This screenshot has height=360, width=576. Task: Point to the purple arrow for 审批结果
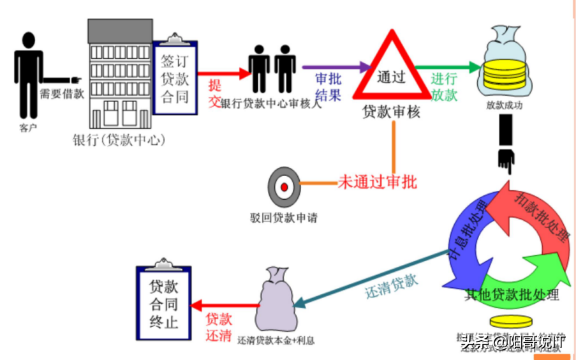[x=335, y=66]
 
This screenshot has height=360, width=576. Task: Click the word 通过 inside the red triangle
[x=391, y=78]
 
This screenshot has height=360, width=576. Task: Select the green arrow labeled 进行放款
[x=447, y=66]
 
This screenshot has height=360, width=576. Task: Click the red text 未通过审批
[x=377, y=183]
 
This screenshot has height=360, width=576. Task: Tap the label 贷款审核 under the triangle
[x=391, y=112]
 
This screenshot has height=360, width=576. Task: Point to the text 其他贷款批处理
[x=512, y=295]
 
